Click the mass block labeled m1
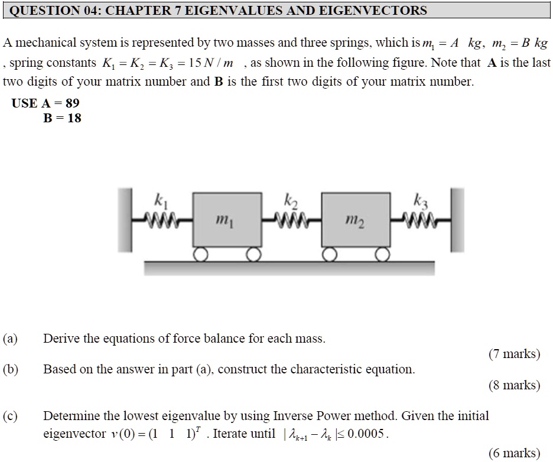tap(227, 219)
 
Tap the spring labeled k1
tap(161, 220)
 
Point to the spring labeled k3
tap(419, 220)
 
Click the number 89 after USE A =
tap(72, 103)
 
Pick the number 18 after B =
tap(74, 118)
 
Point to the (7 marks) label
tap(514, 354)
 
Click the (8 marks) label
tap(514, 385)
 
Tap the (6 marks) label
tap(514, 453)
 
